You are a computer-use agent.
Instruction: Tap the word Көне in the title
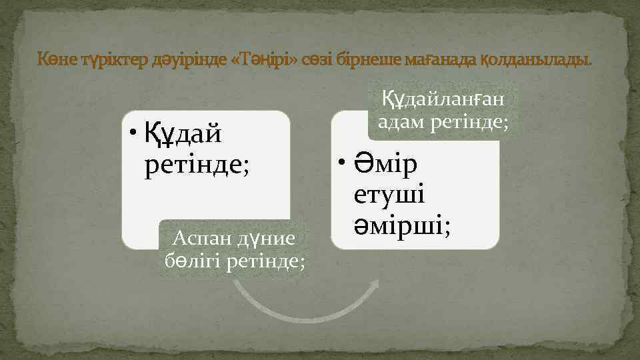(56, 61)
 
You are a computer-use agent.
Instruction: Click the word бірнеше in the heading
(369, 61)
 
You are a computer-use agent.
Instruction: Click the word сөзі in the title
(318, 61)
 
